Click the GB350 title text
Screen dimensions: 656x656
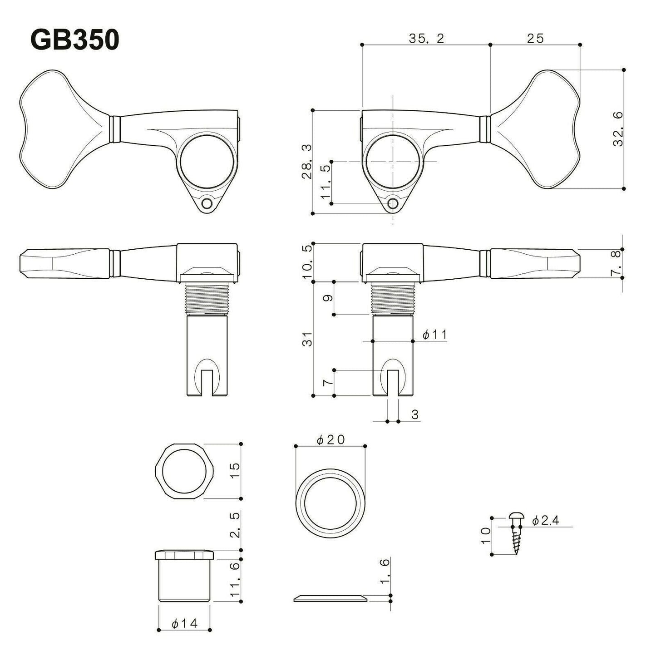point(74,40)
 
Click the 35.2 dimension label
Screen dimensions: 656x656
point(426,39)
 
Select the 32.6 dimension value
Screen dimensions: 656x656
point(618,129)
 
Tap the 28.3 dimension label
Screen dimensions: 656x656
point(308,162)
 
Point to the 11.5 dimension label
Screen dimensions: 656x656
point(325,182)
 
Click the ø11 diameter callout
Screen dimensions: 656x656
point(434,335)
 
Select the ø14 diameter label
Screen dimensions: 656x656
point(185,624)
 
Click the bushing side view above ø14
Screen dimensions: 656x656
point(184,576)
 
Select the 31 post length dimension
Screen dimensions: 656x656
point(308,339)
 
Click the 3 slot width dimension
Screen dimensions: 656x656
point(414,414)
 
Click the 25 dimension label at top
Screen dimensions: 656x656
point(536,39)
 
